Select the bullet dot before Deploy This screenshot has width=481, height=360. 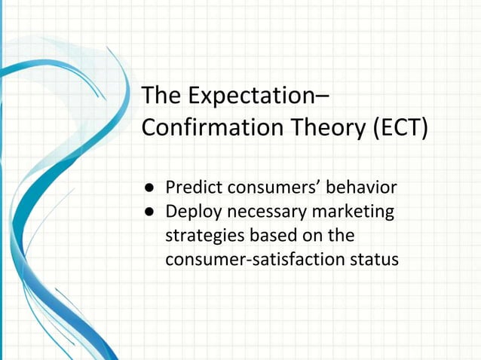150,212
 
